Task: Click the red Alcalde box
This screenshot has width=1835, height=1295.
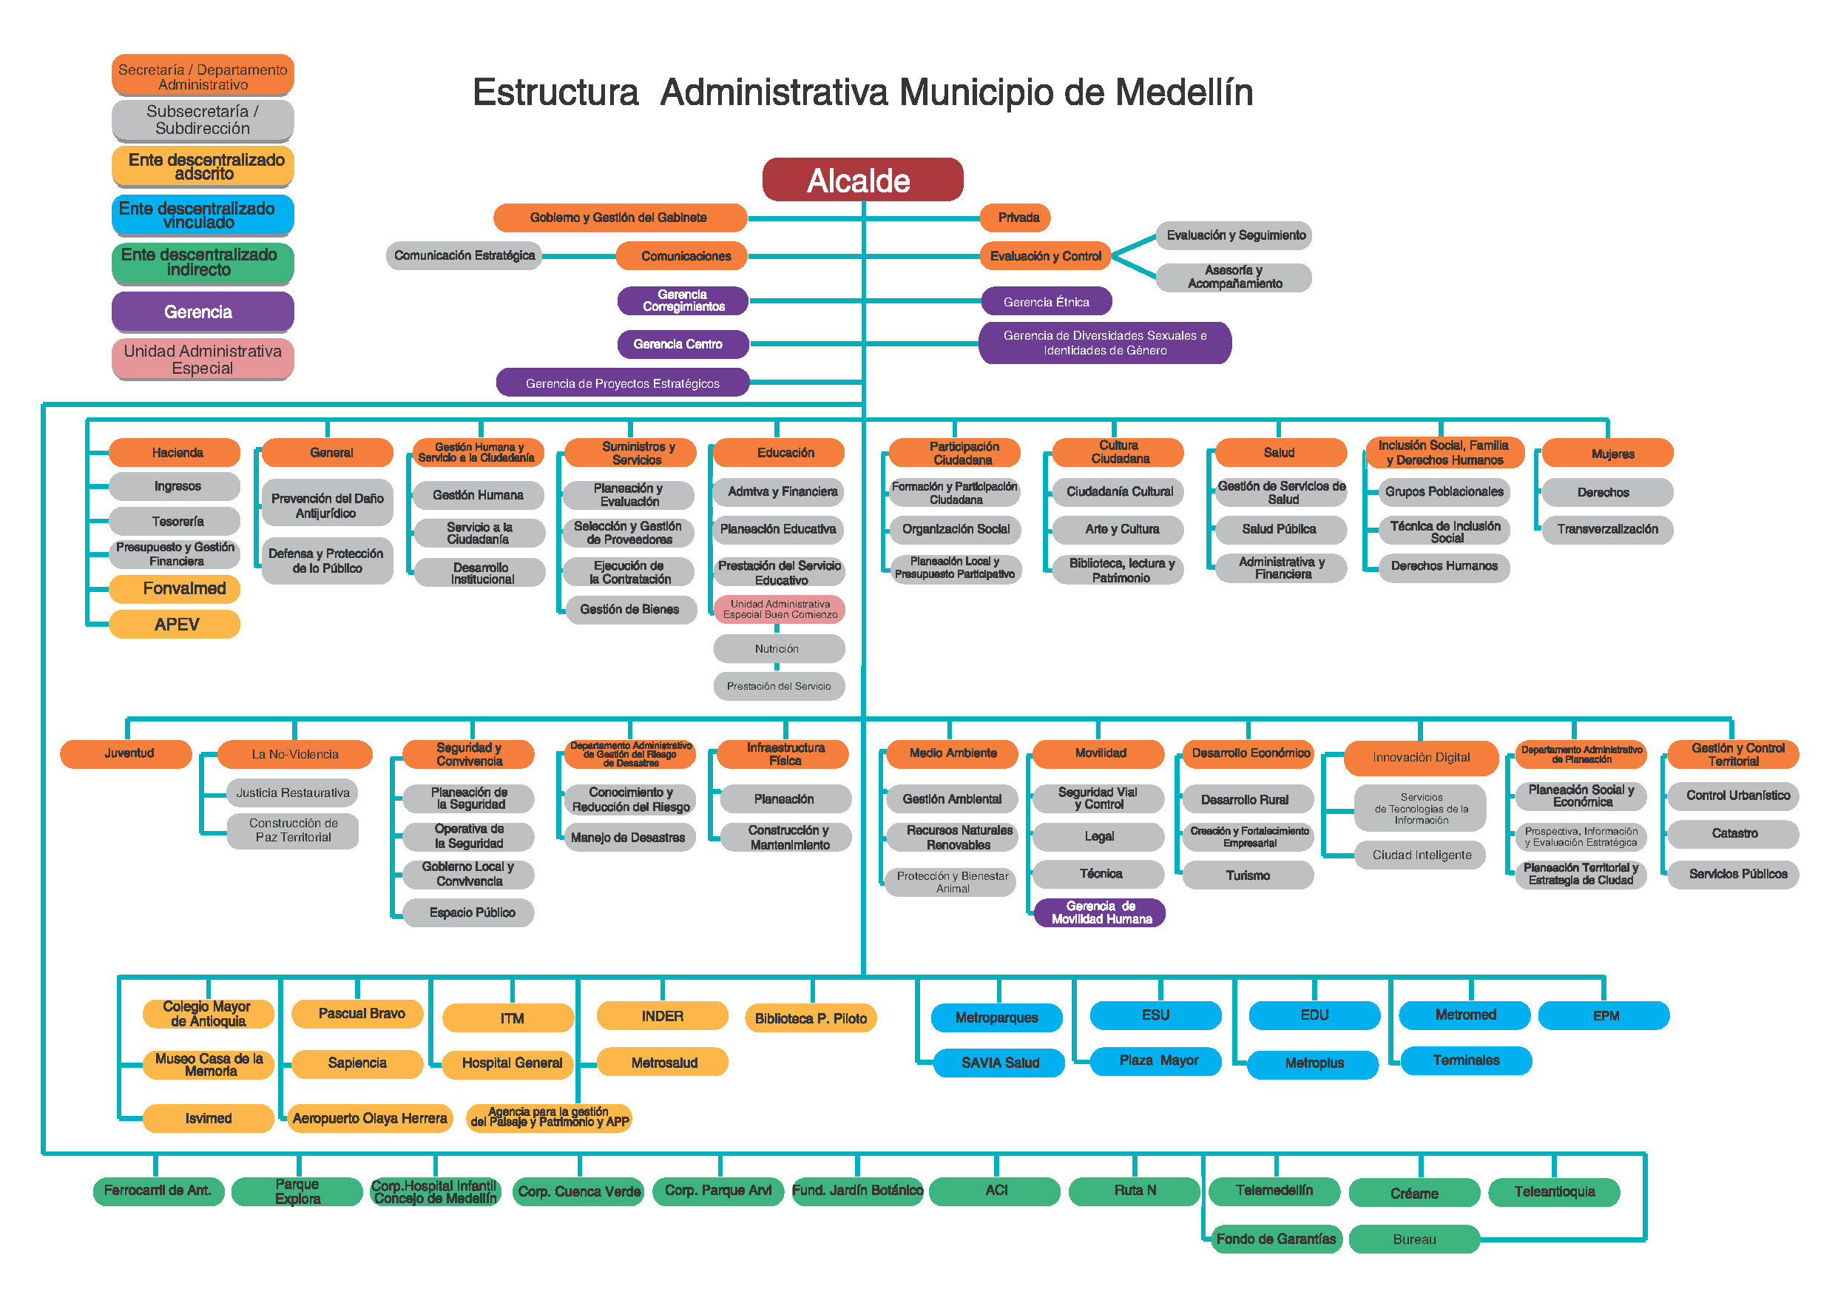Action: click(862, 180)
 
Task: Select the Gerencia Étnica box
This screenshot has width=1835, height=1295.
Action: click(1045, 301)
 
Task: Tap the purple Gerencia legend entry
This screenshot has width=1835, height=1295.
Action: click(202, 312)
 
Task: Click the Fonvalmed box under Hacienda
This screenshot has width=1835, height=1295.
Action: click(175, 589)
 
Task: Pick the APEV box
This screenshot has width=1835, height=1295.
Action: click(175, 625)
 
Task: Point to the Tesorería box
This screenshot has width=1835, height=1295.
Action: click(175, 521)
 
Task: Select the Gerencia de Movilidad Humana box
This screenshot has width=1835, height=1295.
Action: click(1100, 912)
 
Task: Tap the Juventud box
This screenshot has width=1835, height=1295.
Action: click(126, 753)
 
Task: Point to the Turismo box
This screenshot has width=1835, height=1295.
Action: click(1247, 875)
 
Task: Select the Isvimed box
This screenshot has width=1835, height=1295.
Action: click(208, 1117)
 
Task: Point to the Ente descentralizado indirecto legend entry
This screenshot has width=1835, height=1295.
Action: click(202, 262)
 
